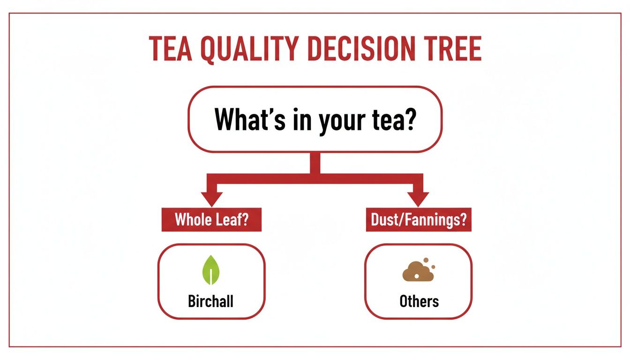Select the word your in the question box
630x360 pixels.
point(341,120)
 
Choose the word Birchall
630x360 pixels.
point(210,300)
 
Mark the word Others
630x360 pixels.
point(419,300)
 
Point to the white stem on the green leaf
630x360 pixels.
point(211,277)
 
